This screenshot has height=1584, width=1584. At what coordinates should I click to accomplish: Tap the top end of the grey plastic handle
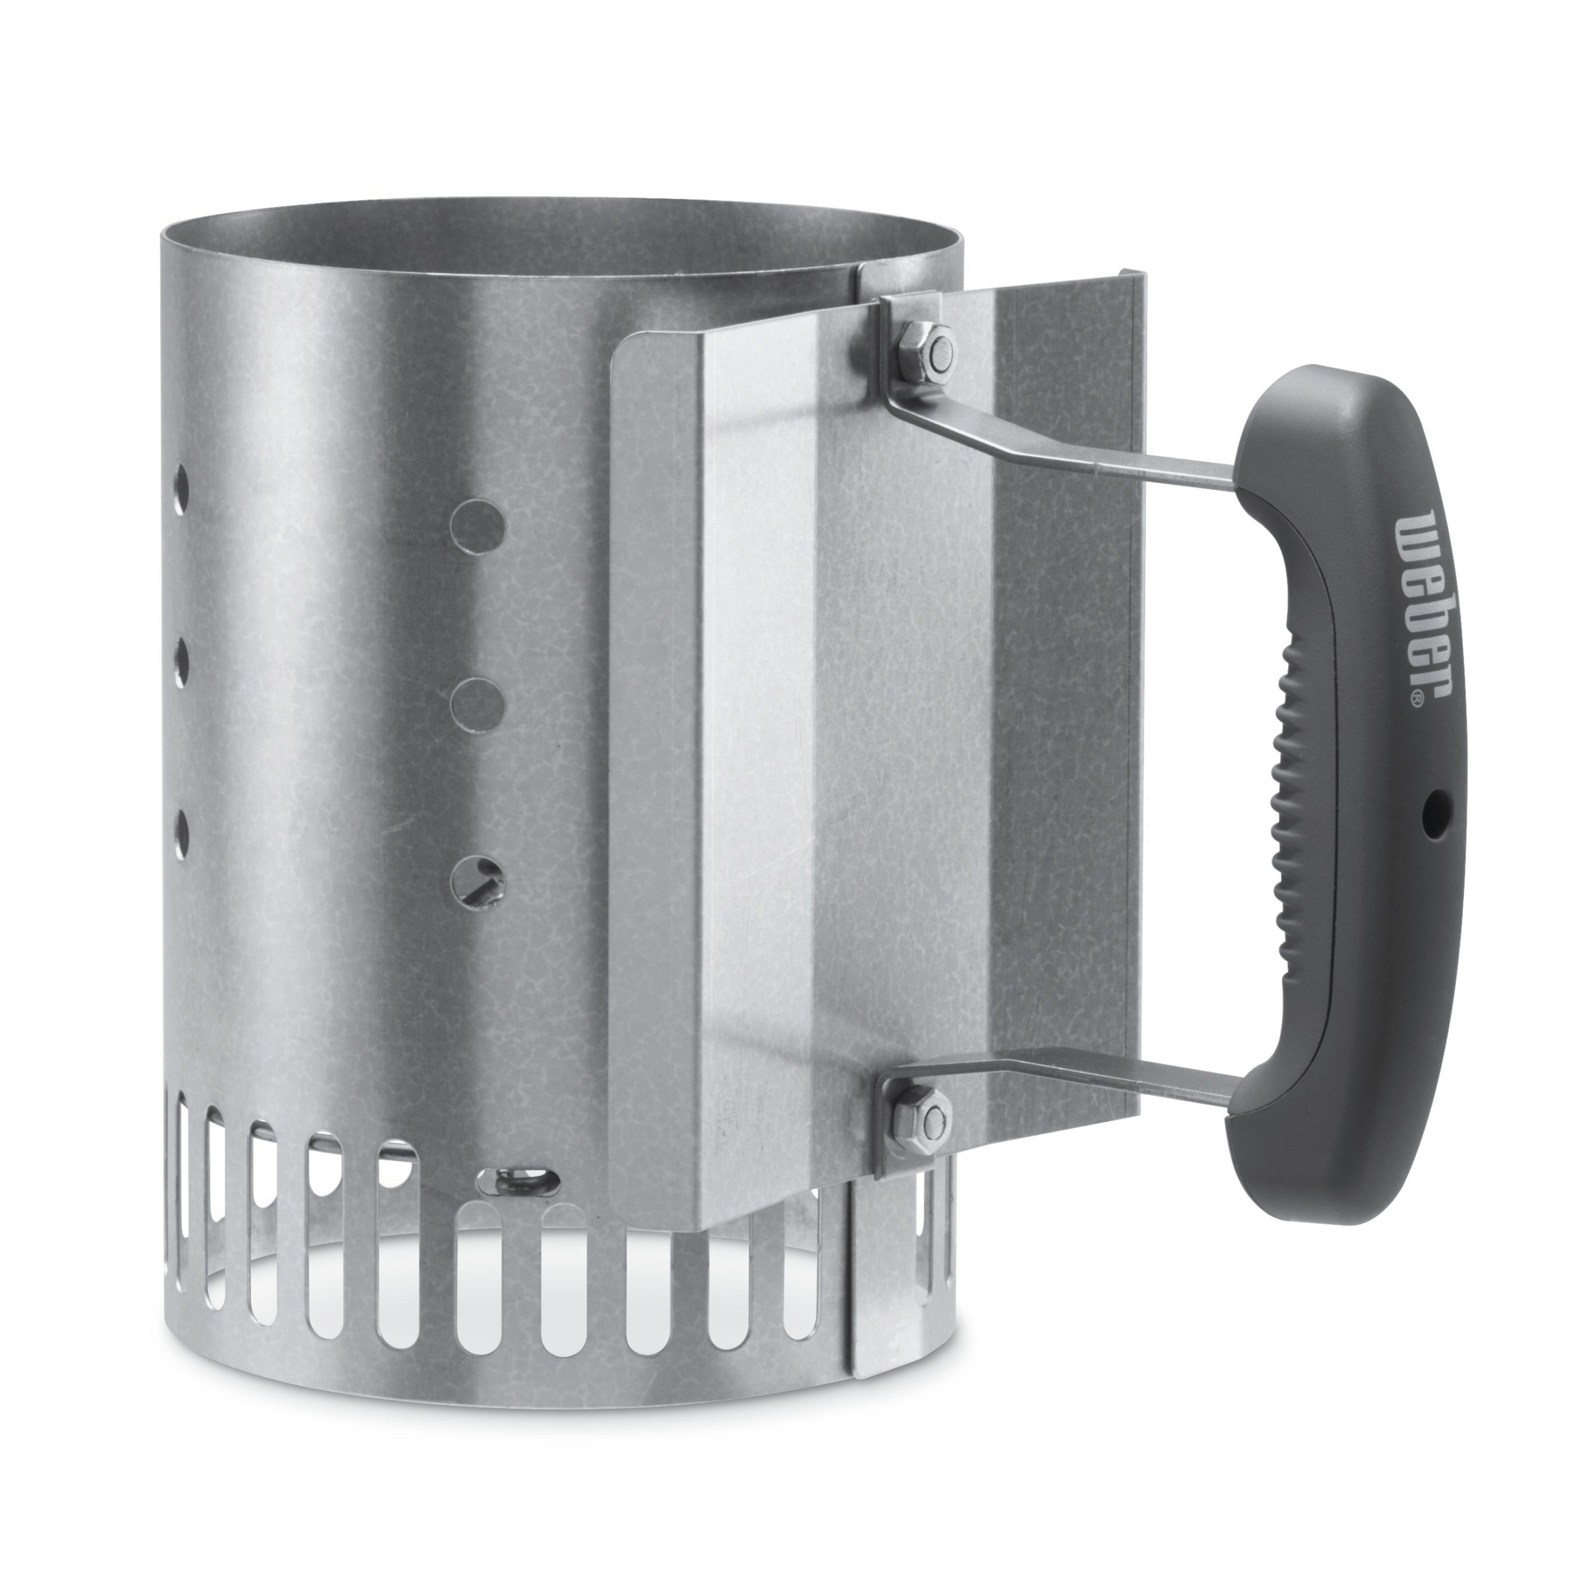[1303, 410]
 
